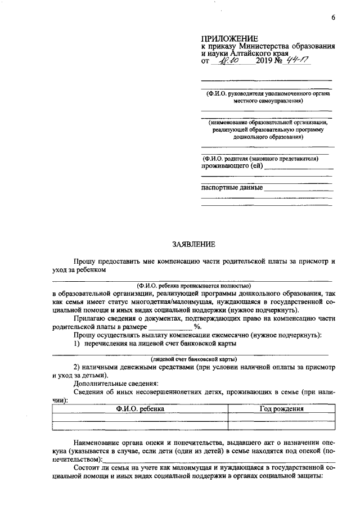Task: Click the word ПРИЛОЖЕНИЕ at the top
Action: tap(227, 38)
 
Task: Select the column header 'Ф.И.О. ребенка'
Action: tap(140, 409)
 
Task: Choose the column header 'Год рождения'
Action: tap(281, 409)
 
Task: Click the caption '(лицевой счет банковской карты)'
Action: tap(193, 359)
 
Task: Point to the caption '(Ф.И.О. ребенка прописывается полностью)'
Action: tap(193, 286)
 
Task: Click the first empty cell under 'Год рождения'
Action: tap(281, 417)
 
